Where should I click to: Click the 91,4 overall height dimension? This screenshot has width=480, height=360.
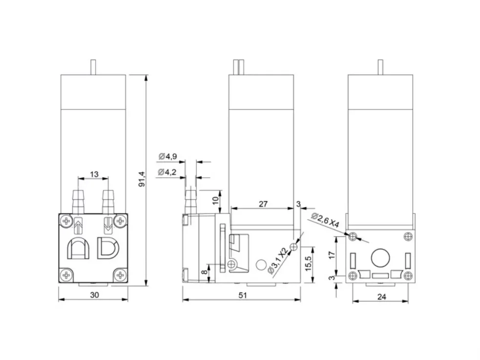pos(142,179)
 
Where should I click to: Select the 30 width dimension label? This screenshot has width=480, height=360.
pos(95,295)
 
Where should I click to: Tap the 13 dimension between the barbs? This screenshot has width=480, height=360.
pos(94,174)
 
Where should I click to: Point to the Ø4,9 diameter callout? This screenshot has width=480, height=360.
pos(168,156)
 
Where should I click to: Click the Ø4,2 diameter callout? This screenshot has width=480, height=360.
pos(167,172)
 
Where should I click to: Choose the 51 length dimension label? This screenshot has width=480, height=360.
pos(242,295)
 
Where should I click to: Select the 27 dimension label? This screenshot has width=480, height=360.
pos(263,204)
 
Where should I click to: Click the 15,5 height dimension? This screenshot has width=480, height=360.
pos(308,263)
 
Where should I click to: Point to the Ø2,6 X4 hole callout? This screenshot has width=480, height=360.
pos(325,220)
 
